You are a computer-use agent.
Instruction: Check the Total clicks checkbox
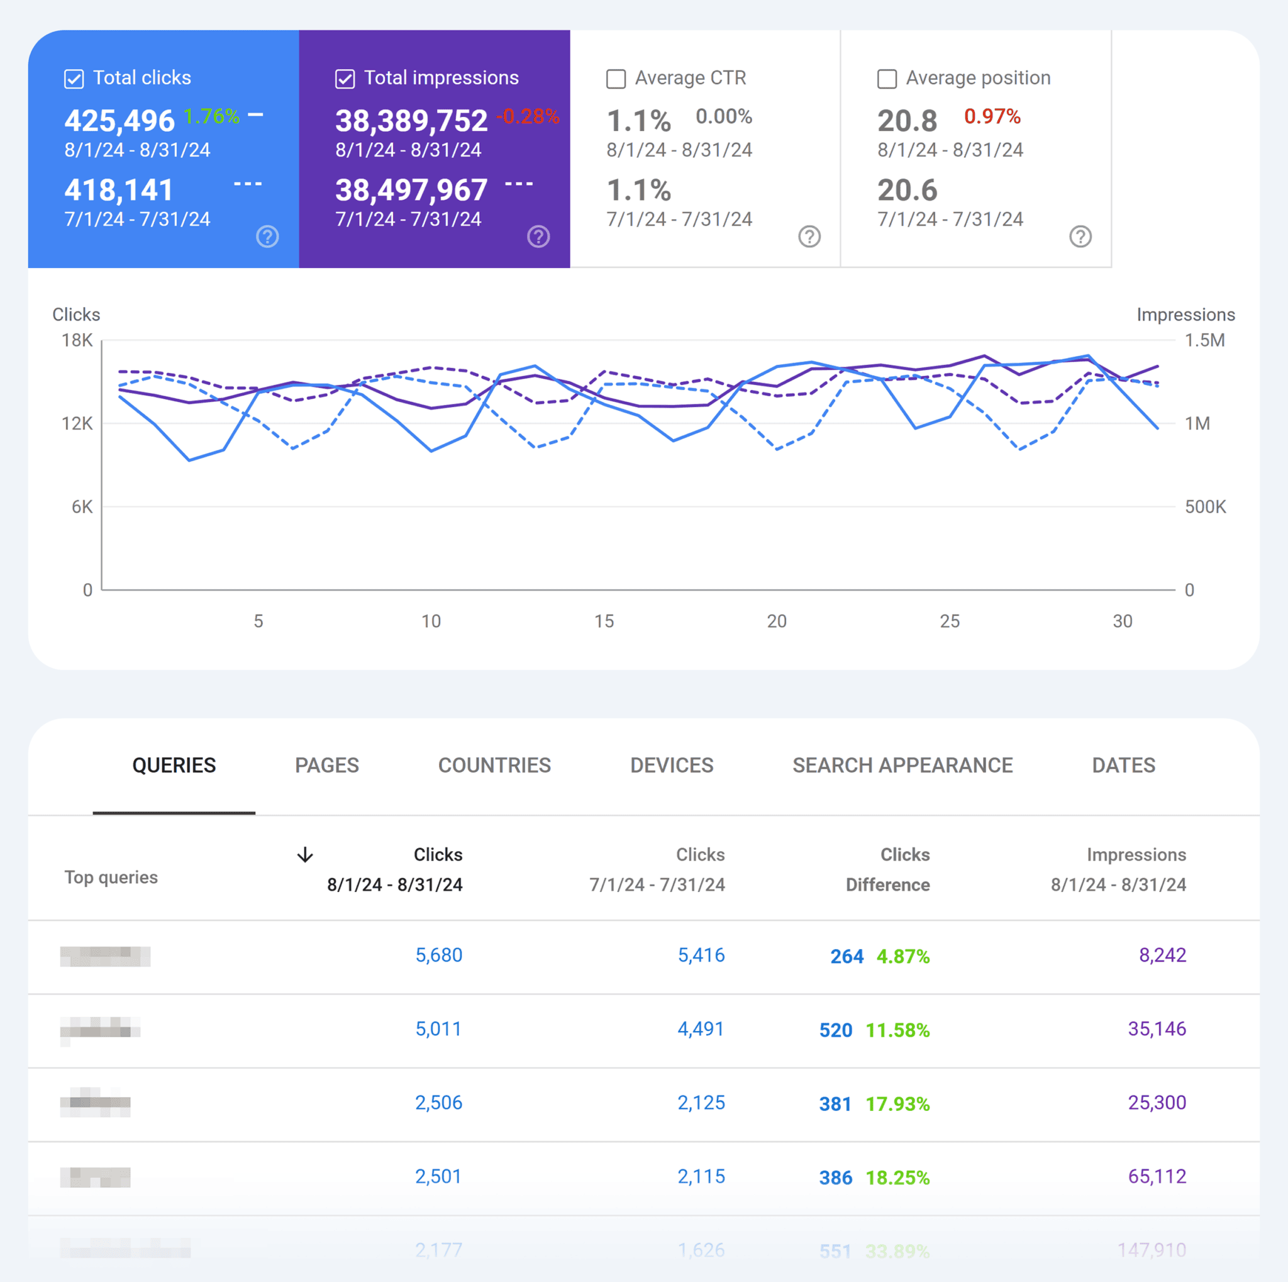pyautogui.click(x=74, y=79)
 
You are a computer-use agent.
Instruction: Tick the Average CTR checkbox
pyautogui.click(x=615, y=79)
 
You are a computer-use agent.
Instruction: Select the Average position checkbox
pyautogui.click(x=886, y=79)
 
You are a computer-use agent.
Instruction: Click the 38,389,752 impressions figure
pyautogui.click(x=411, y=121)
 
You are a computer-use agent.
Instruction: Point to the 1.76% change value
pyautogui.click(x=211, y=116)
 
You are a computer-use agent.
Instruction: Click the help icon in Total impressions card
pyautogui.click(x=538, y=237)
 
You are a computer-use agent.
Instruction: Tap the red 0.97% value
pyautogui.click(x=991, y=116)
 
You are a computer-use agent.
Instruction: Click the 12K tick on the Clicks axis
pyautogui.click(x=77, y=423)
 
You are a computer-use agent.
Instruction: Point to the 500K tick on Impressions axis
pyautogui.click(x=1204, y=506)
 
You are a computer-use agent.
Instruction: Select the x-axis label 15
pyautogui.click(x=604, y=621)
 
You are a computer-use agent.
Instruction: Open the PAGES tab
pyautogui.click(x=326, y=766)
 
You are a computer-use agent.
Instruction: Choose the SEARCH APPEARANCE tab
pyautogui.click(x=902, y=766)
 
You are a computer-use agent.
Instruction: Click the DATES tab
pyautogui.click(x=1123, y=766)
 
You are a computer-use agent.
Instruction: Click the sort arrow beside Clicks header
pyautogui.click(x=304, y=855)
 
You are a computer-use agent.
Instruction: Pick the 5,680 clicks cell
pyautogui.click(x=439, y=956)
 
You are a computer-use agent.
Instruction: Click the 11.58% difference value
pyautogui.click(x=897, y=1030)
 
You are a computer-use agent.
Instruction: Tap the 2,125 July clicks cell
pyautogui.click(x=701, y=1103)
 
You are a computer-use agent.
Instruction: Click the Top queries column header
pyautogui.click(x=111, y=878)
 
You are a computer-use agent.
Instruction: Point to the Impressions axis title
pyautogui.click(x=1185, y=315)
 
